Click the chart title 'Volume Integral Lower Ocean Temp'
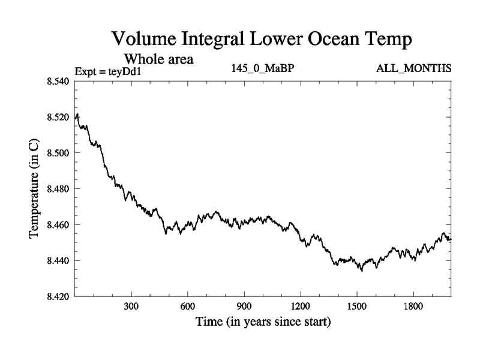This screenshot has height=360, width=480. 262,40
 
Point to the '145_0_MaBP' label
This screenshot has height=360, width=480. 262,68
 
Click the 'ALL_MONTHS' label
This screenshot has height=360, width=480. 413,68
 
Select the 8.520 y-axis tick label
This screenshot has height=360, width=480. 59,117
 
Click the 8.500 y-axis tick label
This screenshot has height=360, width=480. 59,153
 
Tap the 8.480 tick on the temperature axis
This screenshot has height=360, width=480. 59,189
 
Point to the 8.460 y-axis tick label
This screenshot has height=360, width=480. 59,225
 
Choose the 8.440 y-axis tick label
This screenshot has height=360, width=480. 59,261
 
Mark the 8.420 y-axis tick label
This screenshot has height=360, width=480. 59,297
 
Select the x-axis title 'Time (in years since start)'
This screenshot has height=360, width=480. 263,322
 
